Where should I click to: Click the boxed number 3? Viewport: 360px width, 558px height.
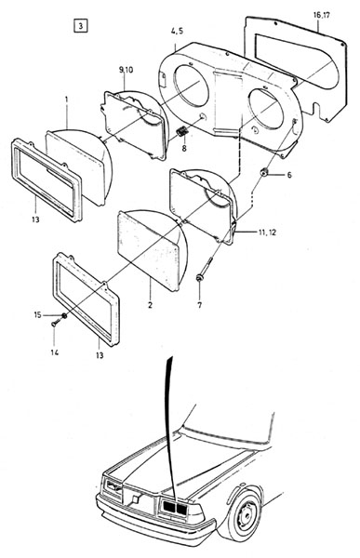tap(81, 26)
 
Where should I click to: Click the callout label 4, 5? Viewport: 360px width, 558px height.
tap(177, 31)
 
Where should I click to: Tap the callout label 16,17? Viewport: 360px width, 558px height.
tap(322, 15)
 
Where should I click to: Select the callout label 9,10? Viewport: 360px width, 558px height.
tap(126, 70)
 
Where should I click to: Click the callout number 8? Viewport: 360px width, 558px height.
tap(184, 148)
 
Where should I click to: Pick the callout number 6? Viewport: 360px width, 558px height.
tap(289, 175)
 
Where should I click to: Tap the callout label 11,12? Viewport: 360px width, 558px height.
tap(267, 232)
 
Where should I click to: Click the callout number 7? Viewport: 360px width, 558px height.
tap(199, 305)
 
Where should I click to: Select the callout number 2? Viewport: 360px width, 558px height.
tap(150, 305)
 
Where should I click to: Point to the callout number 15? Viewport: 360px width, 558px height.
tap(38, 315)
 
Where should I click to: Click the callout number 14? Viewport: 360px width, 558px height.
tap(55, 352)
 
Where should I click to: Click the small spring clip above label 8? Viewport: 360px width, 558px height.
tap(182, 131)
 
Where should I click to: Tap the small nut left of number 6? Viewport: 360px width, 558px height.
tap(264, 172)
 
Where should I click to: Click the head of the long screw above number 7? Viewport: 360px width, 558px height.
tap(199, 277)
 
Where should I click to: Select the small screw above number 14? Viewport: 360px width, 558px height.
tap(54, 324)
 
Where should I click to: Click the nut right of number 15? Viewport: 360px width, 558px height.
tap(64, 315)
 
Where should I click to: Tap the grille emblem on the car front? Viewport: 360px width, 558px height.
tap(135, 498)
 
